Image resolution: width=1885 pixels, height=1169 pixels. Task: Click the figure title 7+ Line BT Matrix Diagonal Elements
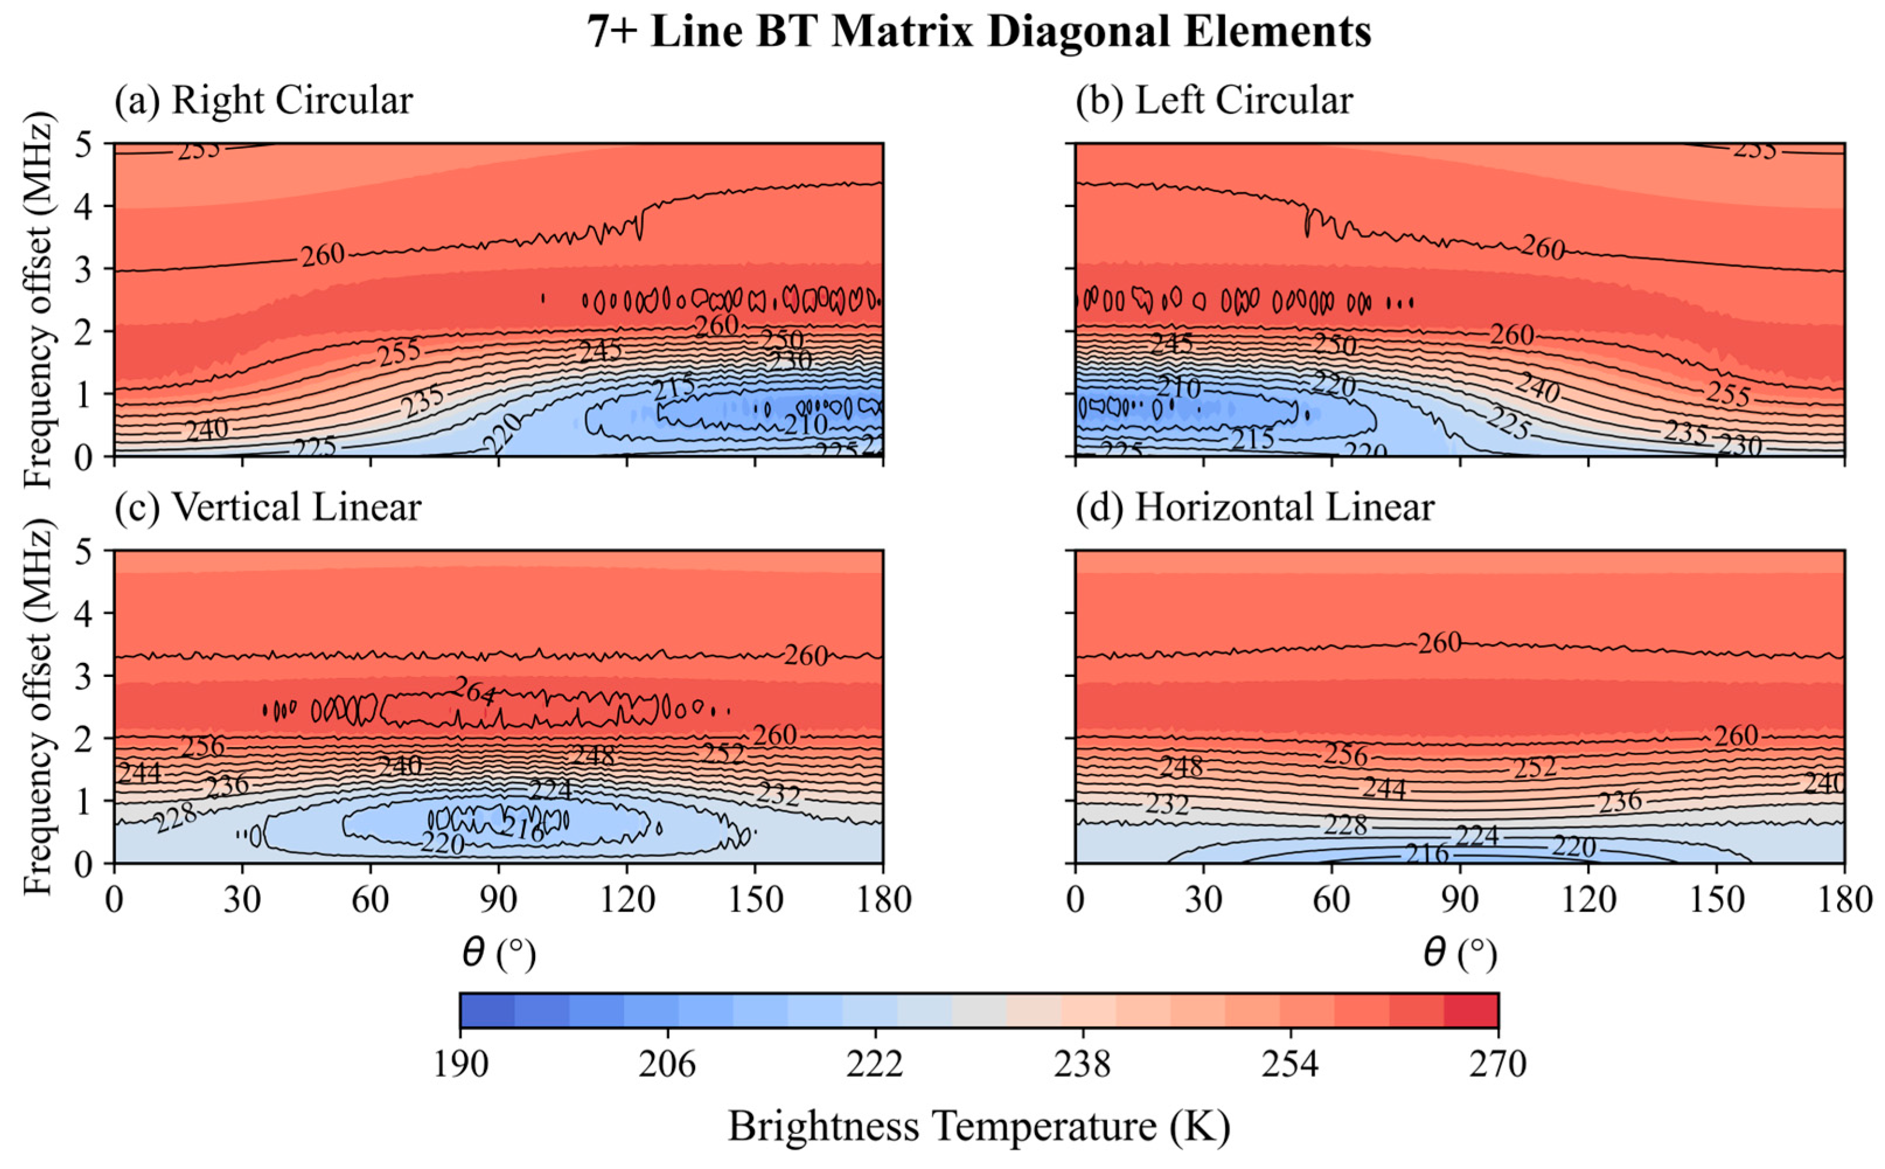click(979, 33)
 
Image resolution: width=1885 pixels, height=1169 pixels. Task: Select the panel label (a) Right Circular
click(264, 100)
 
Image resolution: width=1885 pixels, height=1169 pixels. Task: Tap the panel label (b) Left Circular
click(1213, 100)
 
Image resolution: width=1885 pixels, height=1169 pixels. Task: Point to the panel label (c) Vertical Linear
click(267, 508)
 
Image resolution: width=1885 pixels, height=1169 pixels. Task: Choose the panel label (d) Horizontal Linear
click(1254, 508)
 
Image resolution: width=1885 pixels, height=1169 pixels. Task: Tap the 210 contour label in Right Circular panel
click(805, 424)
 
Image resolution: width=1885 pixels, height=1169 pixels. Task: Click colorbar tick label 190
click(460, 1065)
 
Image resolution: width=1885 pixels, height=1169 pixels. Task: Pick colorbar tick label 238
click(1082, 1065)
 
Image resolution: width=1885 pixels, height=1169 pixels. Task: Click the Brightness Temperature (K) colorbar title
click(979, 1126)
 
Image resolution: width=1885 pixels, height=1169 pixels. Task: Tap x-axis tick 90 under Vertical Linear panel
click(498, 900)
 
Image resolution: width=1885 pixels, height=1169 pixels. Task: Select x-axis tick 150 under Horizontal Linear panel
click(1716, 900)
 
